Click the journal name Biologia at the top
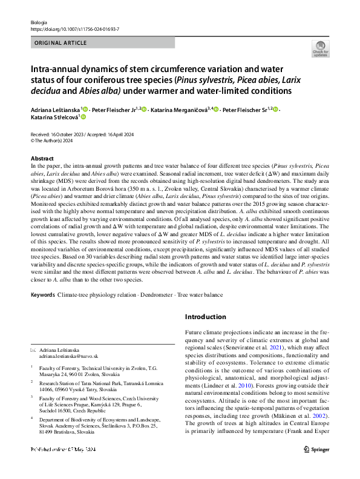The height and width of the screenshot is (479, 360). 38,22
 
